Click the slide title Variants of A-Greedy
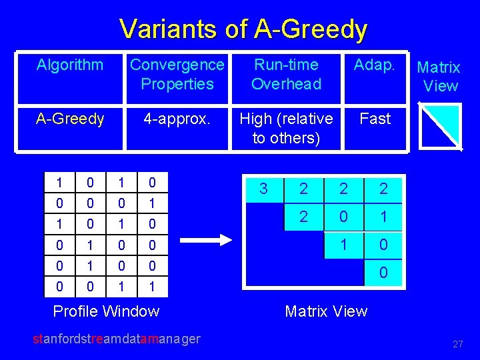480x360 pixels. (243, 29)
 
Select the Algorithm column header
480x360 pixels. (70, 65)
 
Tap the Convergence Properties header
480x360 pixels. (177, 74)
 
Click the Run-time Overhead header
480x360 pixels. (286, 74)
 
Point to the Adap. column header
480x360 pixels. (375, 65)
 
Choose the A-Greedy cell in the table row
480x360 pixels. (70, 119)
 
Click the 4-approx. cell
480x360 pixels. (177, 119)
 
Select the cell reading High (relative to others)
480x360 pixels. (286, 128)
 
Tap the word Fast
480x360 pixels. (375, 119)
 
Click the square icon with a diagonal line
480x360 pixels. (440, 127)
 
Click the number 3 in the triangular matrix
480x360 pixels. (263, 189)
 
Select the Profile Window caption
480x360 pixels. (106, 311)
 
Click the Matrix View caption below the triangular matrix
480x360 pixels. (326, 311)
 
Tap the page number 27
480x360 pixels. (457, 345)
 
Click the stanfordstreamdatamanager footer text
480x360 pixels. (117, 339)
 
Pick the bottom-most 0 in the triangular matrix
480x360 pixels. (383, 273)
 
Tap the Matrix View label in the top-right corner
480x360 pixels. (439, 77)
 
